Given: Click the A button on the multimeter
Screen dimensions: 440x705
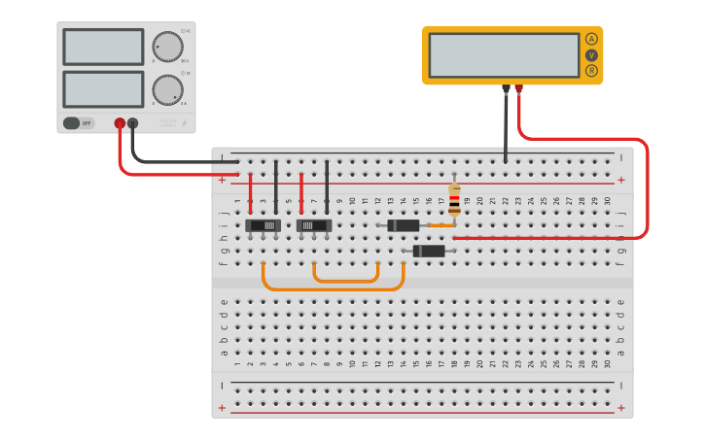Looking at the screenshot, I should (x=591, y=40).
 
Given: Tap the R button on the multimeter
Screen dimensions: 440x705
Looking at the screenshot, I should (x=591, y=71).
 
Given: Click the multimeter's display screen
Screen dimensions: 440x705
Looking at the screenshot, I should (x=504, y=55).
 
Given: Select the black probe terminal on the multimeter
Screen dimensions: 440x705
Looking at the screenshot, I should (x=506, y=89).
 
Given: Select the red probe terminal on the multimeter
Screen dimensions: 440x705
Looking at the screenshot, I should (x=518, y=89).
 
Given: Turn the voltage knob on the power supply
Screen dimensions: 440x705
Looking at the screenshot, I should (x=167, y=47).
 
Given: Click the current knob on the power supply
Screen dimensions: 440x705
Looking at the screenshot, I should (x=167, y=90).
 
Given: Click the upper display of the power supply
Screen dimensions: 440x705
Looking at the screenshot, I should (x=103, y=47).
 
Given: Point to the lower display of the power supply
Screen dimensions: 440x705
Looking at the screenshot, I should (x=103, y=89).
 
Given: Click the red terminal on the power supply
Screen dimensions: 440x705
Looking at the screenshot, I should (x=121, y=123).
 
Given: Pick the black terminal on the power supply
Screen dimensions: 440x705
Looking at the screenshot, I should (x=133, y=123).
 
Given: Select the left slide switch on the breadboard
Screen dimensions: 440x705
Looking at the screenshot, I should (x=264, y=225).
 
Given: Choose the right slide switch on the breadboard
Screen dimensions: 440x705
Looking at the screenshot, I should (x=314, y=225).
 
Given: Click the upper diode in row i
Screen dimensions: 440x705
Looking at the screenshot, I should (x=403, y=225).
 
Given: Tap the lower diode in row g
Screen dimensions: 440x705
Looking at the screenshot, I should (x=429, y=251).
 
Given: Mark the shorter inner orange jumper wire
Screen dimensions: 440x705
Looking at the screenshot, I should (x=345, y=281).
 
